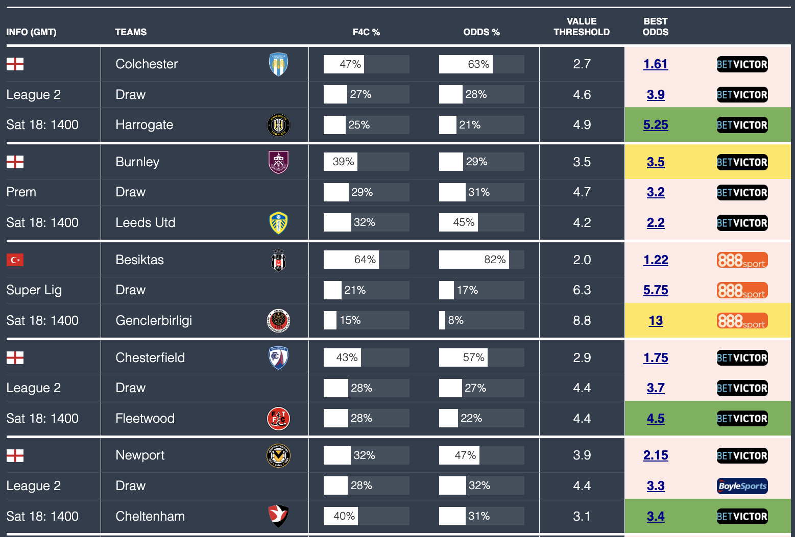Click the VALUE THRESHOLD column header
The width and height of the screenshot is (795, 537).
581,27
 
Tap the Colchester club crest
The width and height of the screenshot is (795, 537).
278,64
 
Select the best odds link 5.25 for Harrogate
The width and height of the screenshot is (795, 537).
655,125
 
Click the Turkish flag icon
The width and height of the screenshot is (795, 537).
15,260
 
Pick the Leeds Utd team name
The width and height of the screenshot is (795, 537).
145,223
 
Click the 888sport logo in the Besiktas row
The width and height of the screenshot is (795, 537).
742,260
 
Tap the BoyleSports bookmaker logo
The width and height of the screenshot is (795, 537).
742,486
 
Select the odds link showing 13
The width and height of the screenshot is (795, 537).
655,321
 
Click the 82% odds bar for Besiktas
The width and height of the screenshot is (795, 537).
474,260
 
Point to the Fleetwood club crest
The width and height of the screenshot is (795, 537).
278,419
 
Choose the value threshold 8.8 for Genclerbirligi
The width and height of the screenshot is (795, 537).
582,321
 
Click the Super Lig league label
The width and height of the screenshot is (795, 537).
34,290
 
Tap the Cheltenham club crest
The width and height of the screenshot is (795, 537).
278,516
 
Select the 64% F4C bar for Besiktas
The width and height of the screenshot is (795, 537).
351,260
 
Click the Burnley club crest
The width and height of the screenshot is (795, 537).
278,162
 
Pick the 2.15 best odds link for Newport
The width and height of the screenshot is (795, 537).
655,455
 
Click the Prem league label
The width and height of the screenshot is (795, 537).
21,192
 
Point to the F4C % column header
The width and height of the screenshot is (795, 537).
366,32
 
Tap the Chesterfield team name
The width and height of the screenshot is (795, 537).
150,357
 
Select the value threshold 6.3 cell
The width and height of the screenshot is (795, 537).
582,290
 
